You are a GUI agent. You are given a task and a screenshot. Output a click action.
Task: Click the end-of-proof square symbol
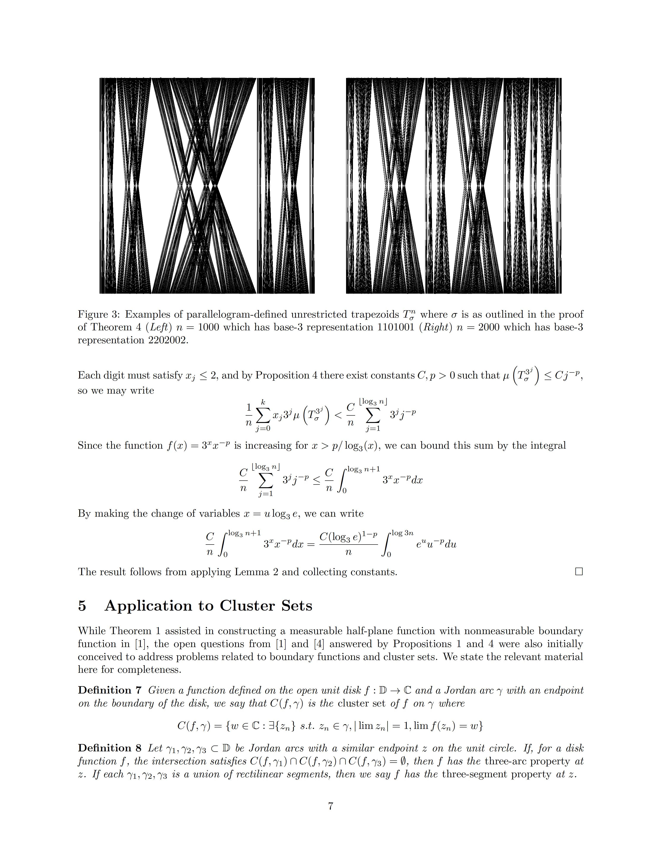pyautogui.click(x=579, y=572)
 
